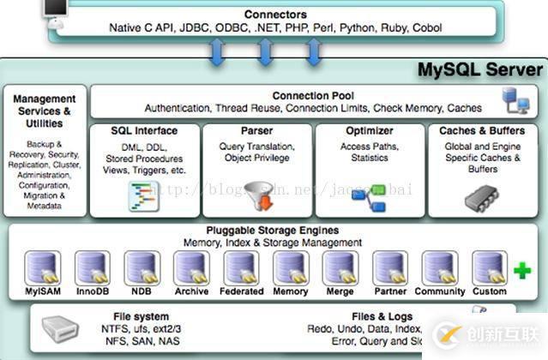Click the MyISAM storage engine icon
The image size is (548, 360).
tap(42, 268)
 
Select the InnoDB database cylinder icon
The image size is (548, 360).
tap(92, 268)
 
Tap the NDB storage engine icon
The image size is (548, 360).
tap(142, 268)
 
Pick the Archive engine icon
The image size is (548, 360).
tap(191, 268)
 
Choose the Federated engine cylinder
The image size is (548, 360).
tap(241, 268)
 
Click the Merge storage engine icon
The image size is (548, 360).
tap(340, 268)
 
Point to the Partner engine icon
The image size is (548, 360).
tap(390, 268)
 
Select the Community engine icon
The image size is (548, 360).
tap(440, 268)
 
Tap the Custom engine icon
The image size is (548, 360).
tap(490, 268)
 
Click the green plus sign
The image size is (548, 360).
tap(521, 271)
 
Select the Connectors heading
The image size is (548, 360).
tap(274, 15)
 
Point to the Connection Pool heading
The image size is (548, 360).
tap(313, 96)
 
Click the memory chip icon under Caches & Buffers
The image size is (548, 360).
tap(482, 198)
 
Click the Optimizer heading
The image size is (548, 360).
tap(370, 131)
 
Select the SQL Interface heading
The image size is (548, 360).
tap(144, 131)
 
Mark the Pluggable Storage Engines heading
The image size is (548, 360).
tap(273, 231)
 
